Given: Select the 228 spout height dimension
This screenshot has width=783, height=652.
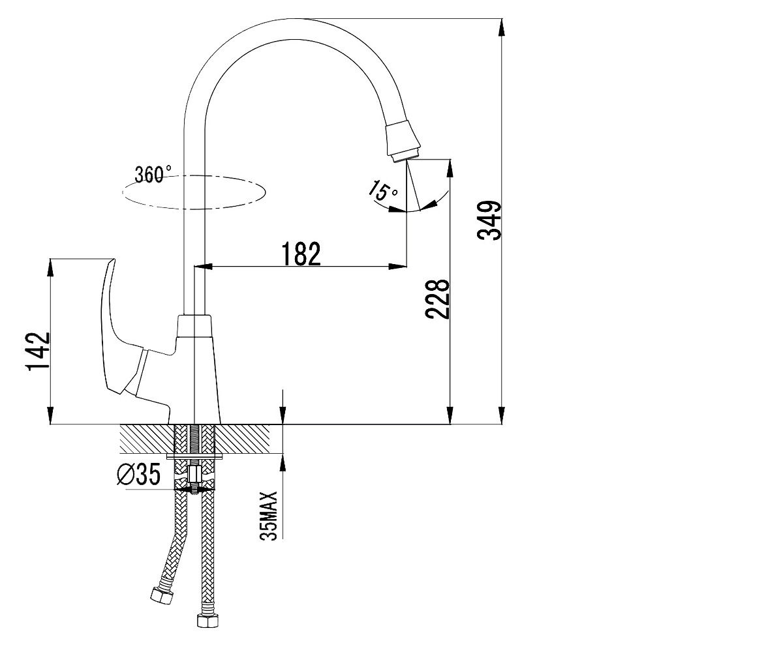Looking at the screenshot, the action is (437, 299).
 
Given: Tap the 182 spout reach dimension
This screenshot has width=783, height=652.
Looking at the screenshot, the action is (301, 254).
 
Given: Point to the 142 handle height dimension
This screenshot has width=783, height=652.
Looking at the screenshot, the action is (37, 351).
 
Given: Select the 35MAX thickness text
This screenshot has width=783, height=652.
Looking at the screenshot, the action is (268, 516).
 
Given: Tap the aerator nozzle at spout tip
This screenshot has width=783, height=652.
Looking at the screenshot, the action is (403, 141).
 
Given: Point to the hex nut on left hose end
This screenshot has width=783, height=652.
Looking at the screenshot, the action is (162, 595).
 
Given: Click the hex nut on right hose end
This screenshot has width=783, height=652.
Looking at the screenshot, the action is (207, 619).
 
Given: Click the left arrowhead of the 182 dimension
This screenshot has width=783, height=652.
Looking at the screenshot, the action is (203, 267).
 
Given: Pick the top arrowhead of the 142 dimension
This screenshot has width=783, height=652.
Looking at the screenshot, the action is (50, 268).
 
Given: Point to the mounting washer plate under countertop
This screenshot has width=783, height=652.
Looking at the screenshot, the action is (195, 456).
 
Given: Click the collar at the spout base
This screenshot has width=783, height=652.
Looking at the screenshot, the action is (194, 326).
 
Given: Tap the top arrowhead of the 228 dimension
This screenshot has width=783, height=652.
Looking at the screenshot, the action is (450, 169).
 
